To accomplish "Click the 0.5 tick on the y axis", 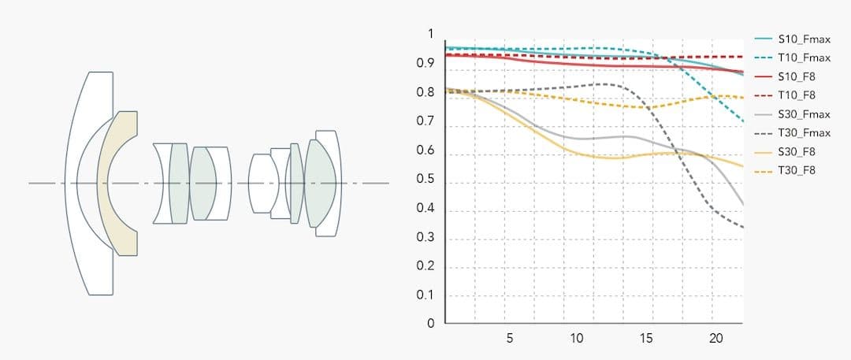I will (x=426, y=179).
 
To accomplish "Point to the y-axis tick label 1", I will (x=430, y=34).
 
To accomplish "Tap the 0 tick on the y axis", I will (x=430, y=323).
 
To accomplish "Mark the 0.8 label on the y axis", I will (x=426, y=92).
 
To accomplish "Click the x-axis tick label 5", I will (x=510, y=338).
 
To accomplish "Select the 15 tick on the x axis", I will (x=646, y=338).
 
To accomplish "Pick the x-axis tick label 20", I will (x=715, y=338).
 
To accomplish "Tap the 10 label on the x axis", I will (x=577, y=338).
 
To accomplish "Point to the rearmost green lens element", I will (x=321, y=183).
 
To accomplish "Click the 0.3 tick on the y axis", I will (x=426, y=237).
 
